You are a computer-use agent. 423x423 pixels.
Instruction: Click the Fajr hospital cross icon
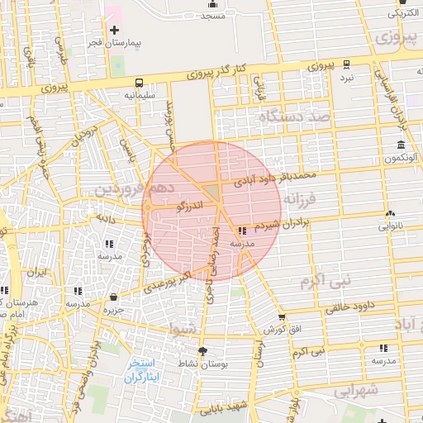pyautogui.click(x=114, y=30)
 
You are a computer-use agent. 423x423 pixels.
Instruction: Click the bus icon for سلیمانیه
pyautogui.click(x=140, y=83)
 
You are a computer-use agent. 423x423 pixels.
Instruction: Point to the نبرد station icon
pyautogui.click(x=347, y=64)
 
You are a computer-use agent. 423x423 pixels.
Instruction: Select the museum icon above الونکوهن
pyautogui.click(x=401, y=145)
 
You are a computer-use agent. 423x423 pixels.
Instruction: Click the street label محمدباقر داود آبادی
pyautogui.click(x=274, y=179)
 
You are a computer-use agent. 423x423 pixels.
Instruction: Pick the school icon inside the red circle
pyautogui.click(x=242, y=231)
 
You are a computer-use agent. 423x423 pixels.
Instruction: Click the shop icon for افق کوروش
pyautogui.click(x=282, y=317)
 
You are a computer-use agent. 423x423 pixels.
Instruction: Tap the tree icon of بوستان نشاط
pyautogui.click(x=203, y=351)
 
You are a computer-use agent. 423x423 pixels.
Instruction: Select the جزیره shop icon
pyautogui.click(x=113, y=298)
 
